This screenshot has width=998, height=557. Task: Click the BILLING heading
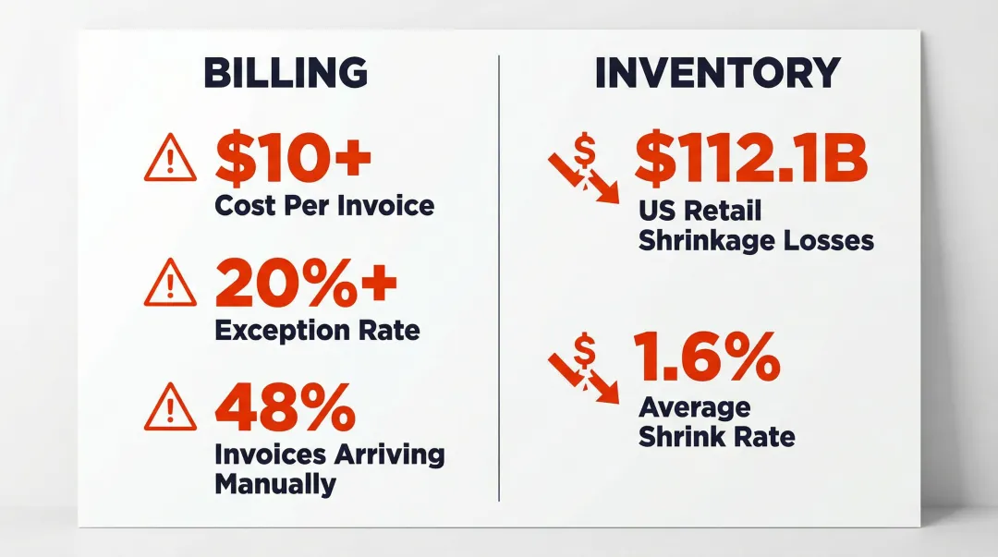point(286,74)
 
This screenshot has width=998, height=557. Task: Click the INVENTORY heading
point(717,74)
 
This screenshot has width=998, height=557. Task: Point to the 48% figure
point(285,409)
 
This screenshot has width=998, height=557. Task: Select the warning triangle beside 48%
point(171,409)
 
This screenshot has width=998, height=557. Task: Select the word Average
point(682,407)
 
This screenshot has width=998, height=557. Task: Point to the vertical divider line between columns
point(499,277)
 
